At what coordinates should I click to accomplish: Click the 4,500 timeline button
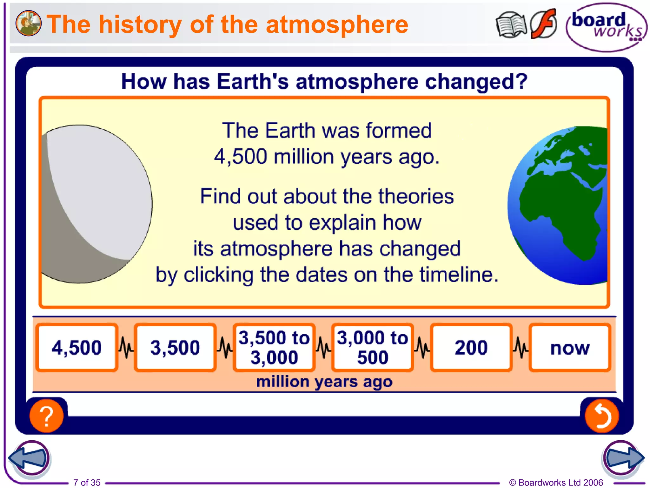pyautogui.click(x=77, y=347)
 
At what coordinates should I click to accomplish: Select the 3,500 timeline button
pyautogui.click(x=175, y=347)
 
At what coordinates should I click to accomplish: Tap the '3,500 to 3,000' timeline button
pyautogui.click(x=274, y=347)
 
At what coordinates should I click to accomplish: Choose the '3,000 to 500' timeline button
pyautogui.click(x=372, y=347)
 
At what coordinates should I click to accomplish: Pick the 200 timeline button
pyautogui.click(x=471, y=347)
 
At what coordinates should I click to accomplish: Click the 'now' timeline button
pyautogui.click(x=570, y=347)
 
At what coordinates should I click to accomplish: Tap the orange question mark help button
pyautogui.click(x=47, y=416)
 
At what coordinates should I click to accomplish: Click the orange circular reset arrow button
pyautogui.click(x=602, y=416)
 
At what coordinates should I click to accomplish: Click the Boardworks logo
pyautogui.click(x=606, y=27)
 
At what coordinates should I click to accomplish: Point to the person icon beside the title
pyautogui.click(x=29, y=23)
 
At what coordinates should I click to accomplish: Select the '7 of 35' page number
pyautogui.click(x=87, y=482)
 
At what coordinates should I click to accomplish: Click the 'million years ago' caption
pyautogui.click(x=324, y=382)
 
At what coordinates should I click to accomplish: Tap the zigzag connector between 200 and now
pyautogui.click(x=521, y=347)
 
